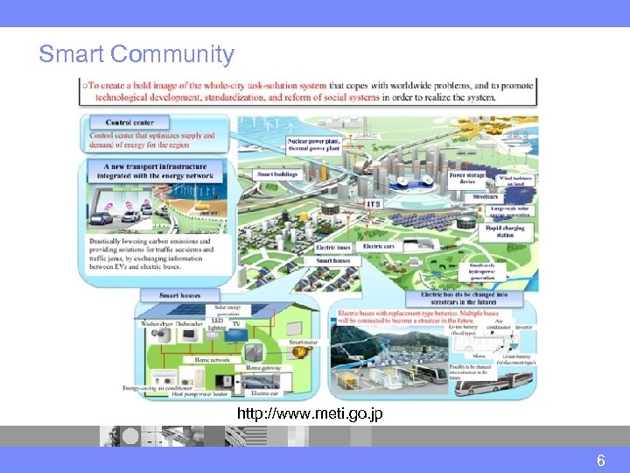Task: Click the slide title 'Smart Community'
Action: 136,54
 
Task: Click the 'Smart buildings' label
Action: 277,174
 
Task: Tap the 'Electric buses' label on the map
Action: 332,248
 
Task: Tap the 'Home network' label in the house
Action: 212,359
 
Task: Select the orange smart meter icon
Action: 300,351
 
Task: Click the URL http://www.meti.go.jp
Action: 309,413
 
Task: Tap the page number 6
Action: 601,460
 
